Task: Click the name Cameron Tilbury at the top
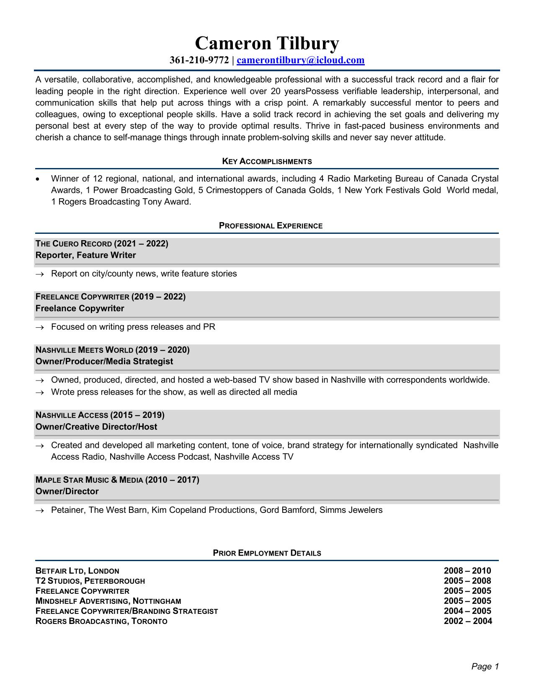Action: [x=267, y=44]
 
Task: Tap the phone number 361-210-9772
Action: [x=199, y=60]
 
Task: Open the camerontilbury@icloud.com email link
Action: [x=300, y=60]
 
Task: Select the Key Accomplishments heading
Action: [x=267, y=161]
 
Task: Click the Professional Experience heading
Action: [x=271, y=226]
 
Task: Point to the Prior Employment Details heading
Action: [x=267, y=553]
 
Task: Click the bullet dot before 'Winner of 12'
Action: [x=38, y=179]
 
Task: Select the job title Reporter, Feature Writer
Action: [x=86, y=255]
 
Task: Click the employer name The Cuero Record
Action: [x=74, y=244]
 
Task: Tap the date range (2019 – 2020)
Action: [x=163, y=350]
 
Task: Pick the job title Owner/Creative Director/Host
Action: [x=96, y=427]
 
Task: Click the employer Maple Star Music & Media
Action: [x=89, y=480]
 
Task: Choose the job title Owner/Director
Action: [x=67, y=491]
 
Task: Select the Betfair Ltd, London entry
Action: [x=77, y=571]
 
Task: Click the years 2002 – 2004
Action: [x=468, y=621]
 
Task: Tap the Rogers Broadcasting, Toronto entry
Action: [x=101, y=621]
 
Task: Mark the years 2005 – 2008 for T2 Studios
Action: [x=467, y=581]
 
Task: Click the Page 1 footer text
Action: [x=485, y=666]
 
